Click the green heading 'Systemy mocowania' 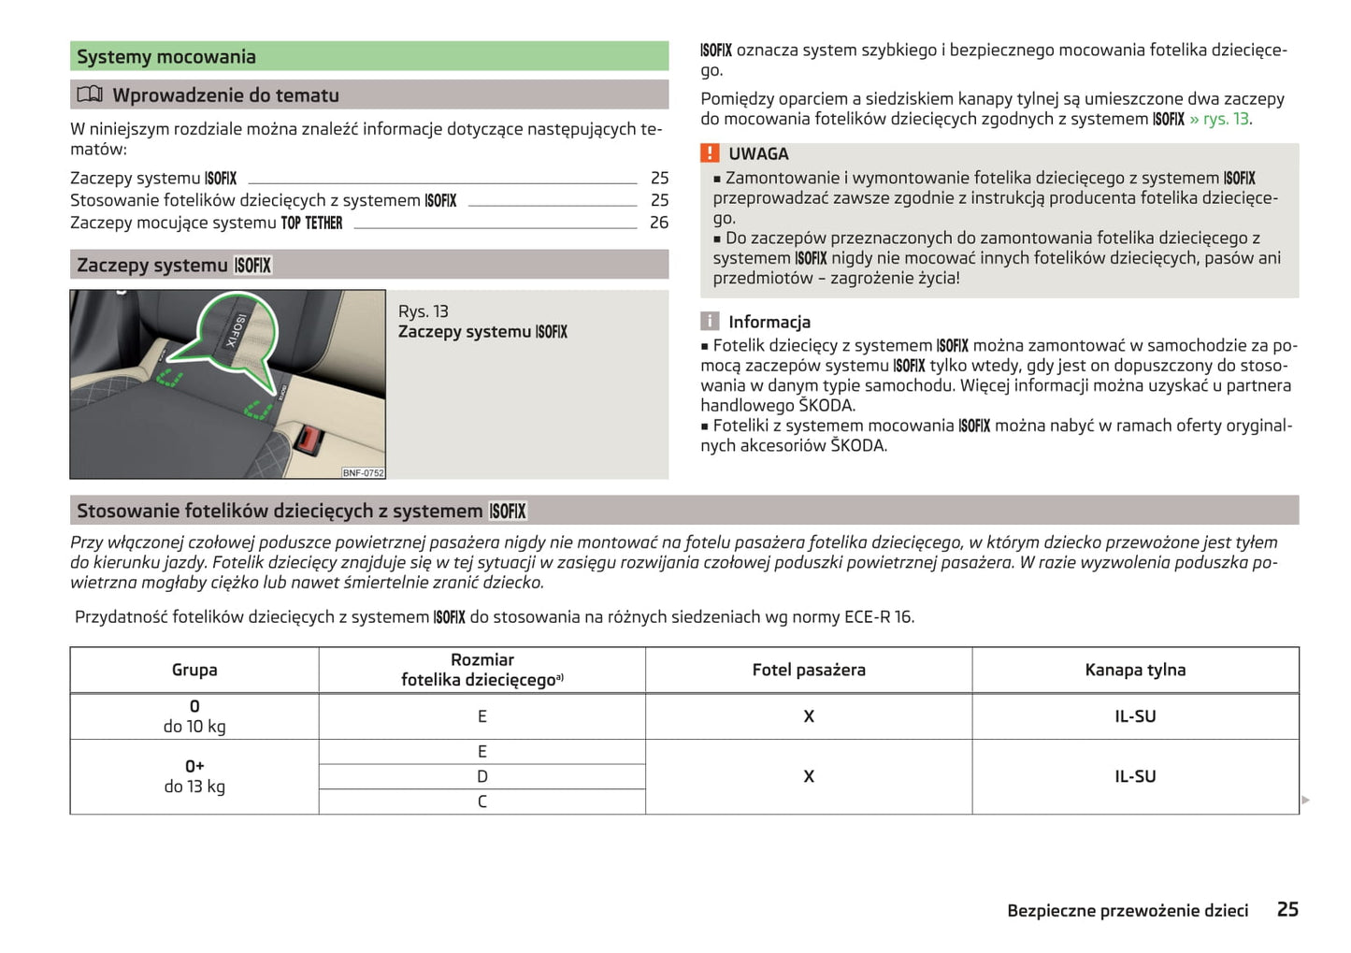tap(166, 57)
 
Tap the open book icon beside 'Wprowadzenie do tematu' tap(90, 94)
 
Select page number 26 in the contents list tap(659, 223)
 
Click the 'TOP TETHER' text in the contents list tap(311, 224)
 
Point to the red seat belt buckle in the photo tap(307, 439)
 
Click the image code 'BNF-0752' tap(363, 473)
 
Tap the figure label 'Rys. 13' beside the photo tap(424, 311)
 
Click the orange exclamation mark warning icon tap(711, 153)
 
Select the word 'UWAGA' tap(758, 154)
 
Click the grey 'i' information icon tap(711, 322)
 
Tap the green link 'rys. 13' tap(1226, 120)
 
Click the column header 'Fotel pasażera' tap(809, 670)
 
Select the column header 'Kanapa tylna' tap(1135, 670)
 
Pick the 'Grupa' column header tap(194, 670)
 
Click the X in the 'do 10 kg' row tap(809, 716)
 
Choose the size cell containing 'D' tap(482, 776)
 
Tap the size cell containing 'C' tap(482, 801)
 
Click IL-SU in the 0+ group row tap(1135, 776)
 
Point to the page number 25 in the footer tap(1287, 909)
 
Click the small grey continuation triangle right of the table tap(1306, 801)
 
